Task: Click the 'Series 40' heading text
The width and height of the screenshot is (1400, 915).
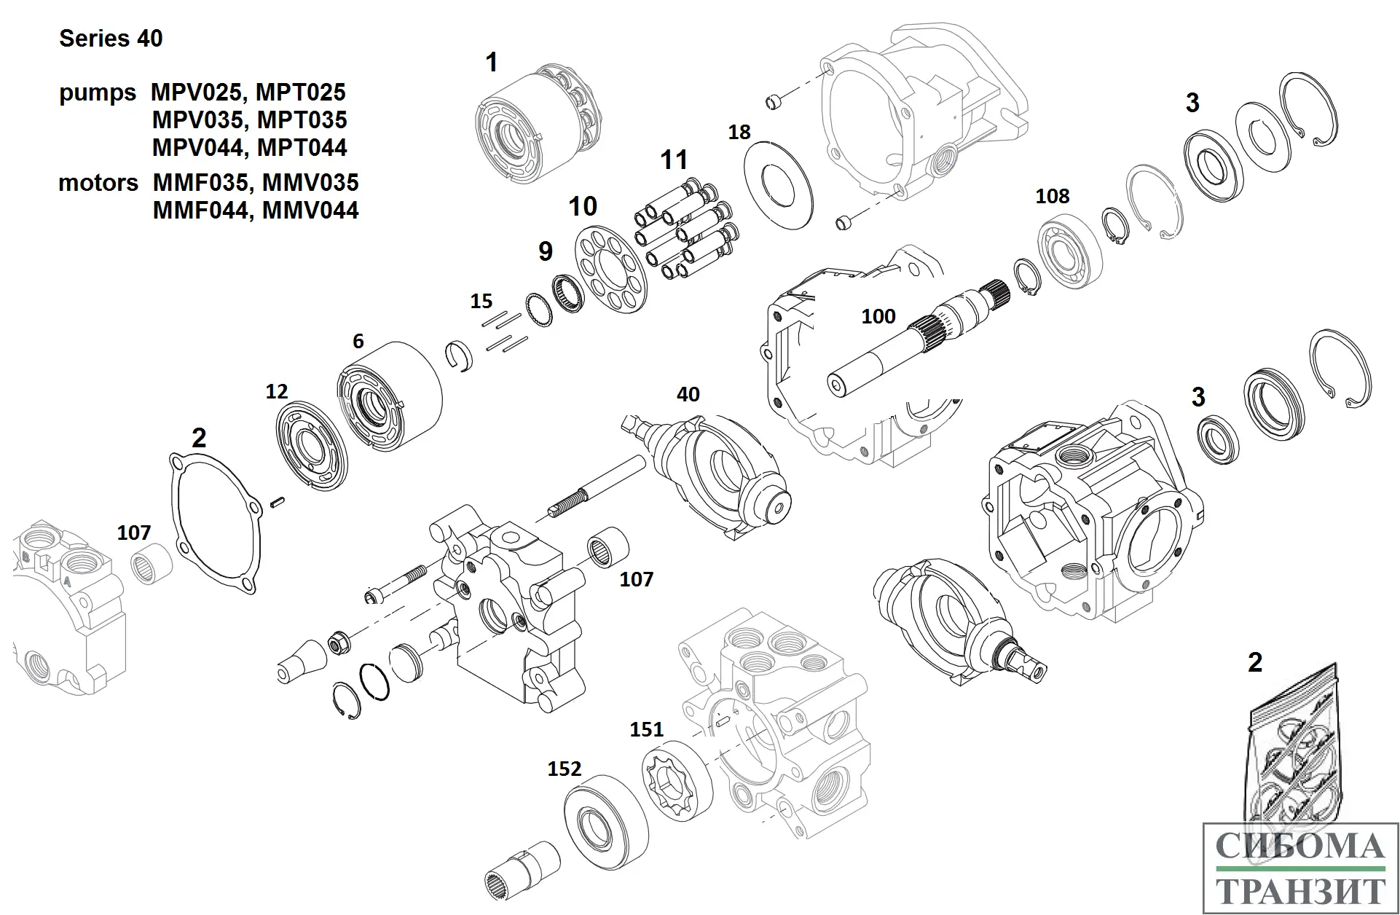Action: coord(111,39)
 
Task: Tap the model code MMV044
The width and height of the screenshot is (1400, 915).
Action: coord(310,211)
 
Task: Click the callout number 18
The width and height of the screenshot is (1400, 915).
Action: coord(739,133)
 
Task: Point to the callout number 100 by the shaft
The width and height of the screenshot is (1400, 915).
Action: coord(878,316)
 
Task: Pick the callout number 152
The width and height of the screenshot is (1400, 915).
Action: coord(565,769)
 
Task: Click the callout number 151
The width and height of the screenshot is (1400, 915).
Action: coord(647,729)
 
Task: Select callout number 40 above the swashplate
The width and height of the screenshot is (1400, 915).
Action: coord(688,394)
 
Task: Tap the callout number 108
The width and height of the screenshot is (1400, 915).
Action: coord(1053,196)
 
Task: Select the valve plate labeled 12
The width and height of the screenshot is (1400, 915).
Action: coord(312,444)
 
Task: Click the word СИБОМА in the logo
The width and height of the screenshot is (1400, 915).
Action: coord(1299,847)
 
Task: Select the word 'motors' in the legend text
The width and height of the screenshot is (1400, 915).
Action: coord(98,183)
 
